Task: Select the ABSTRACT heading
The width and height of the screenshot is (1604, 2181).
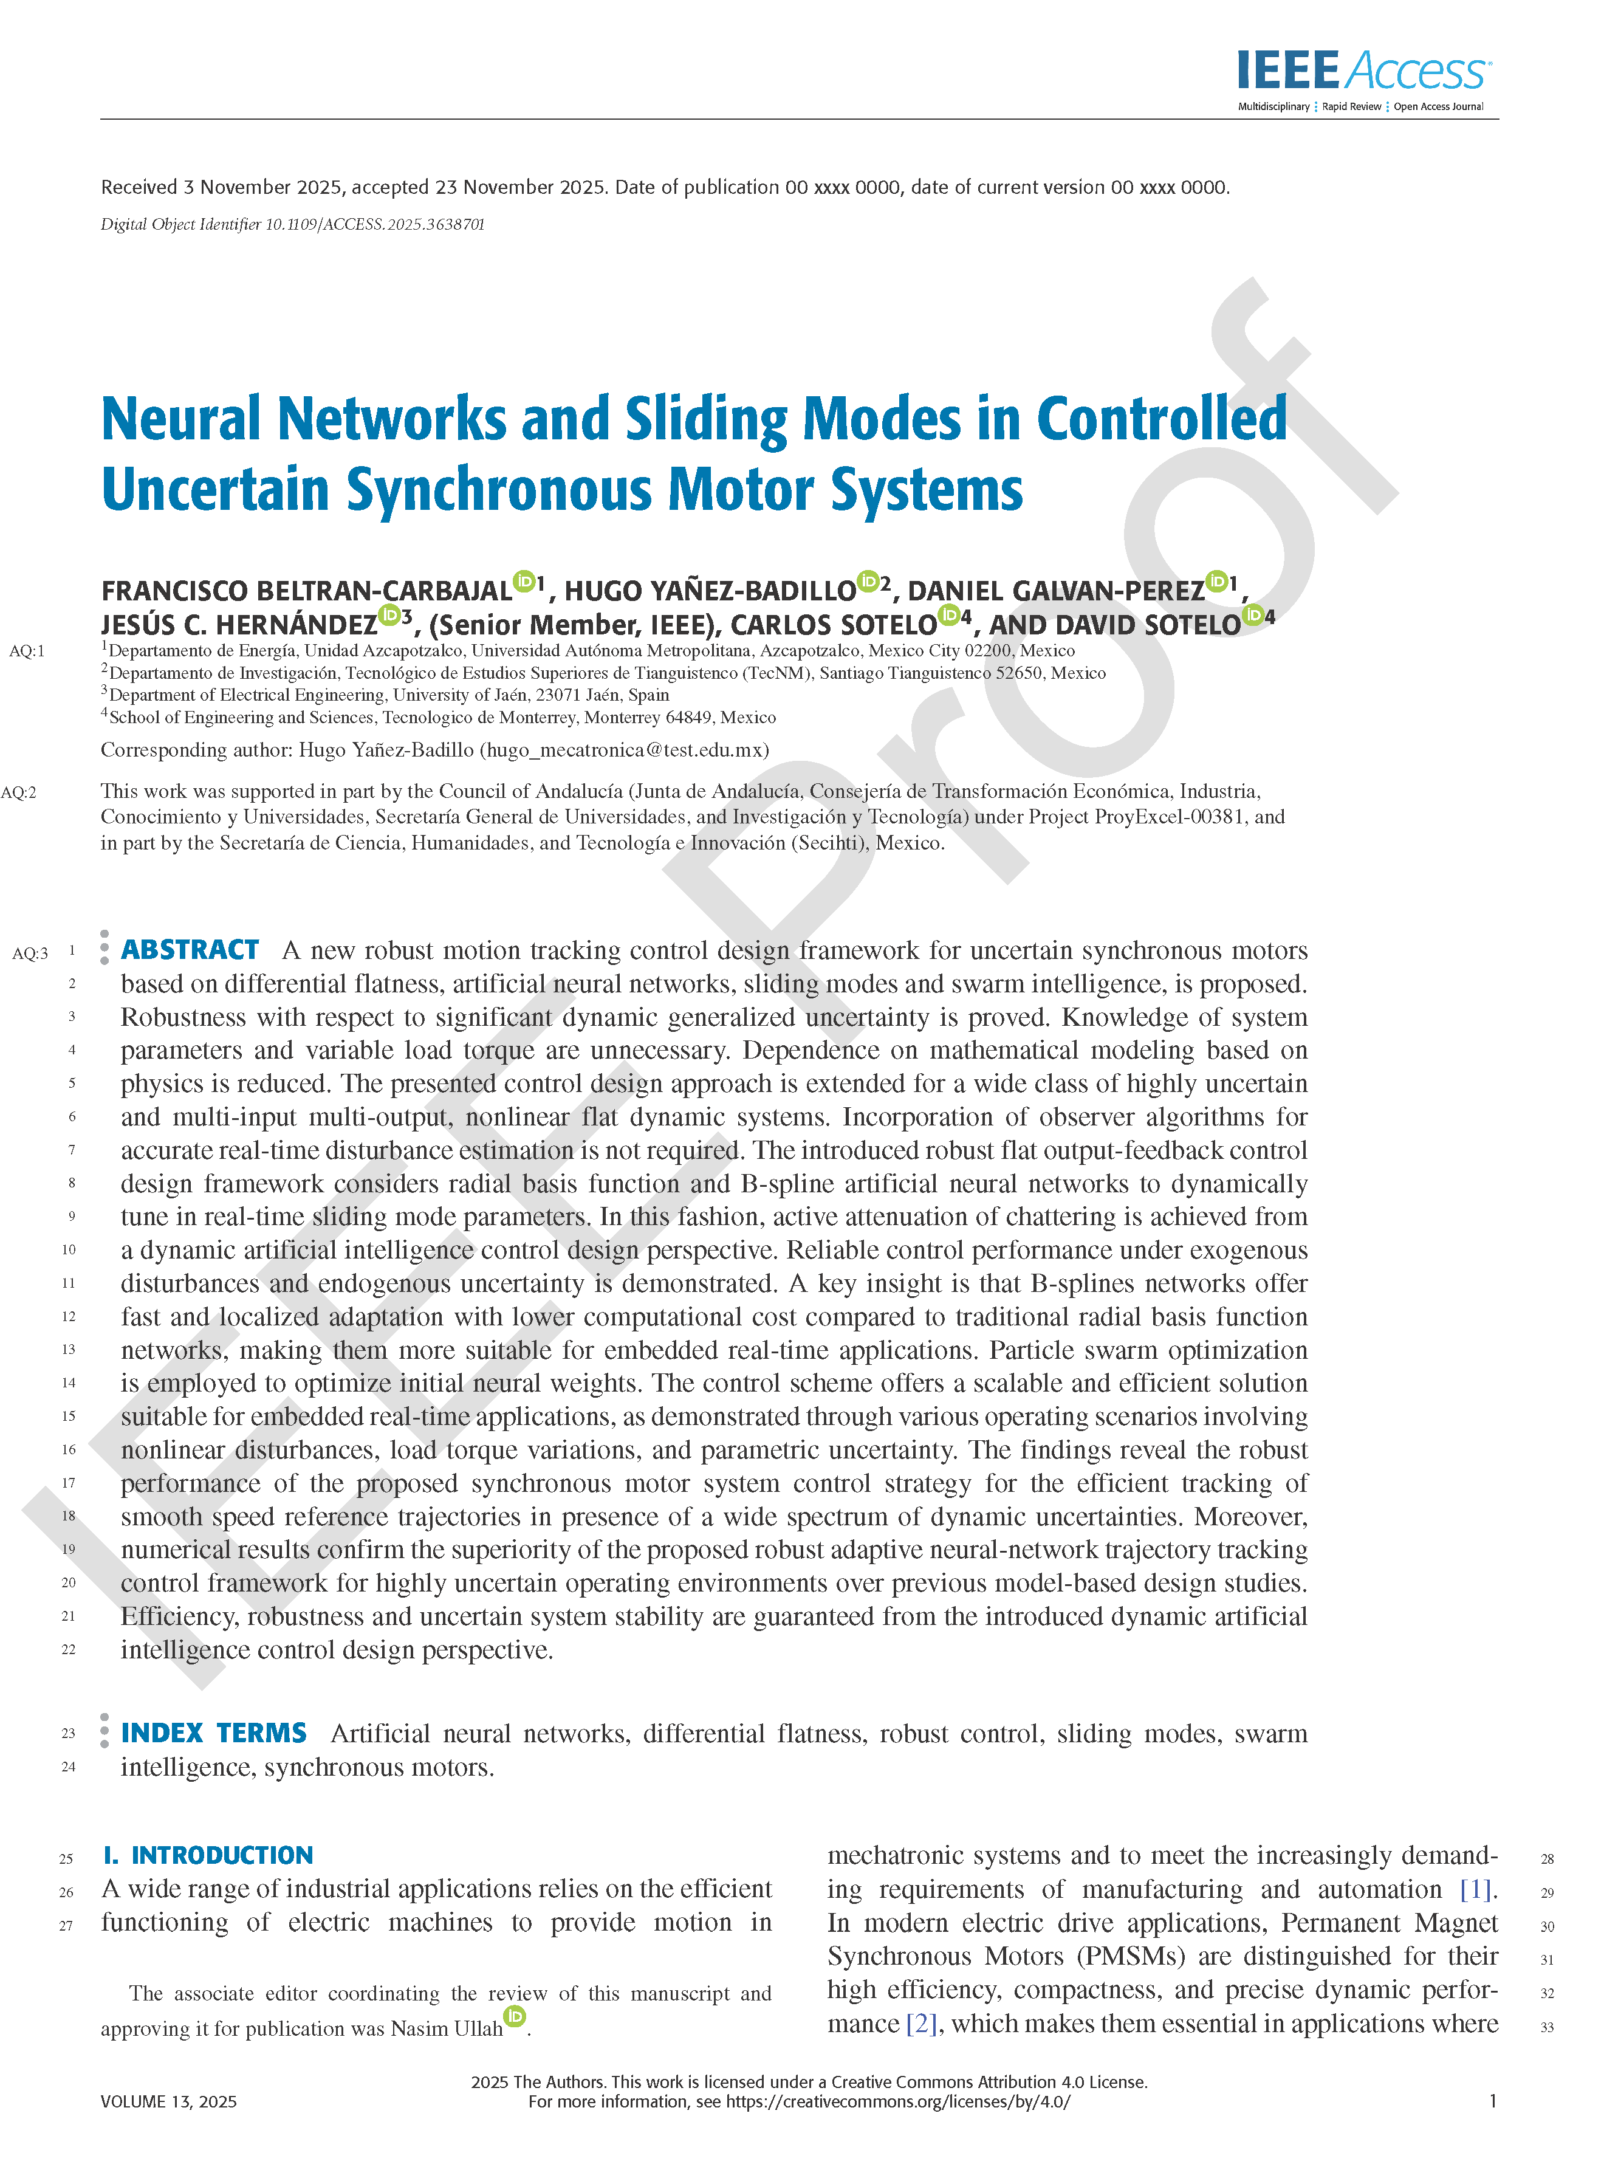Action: coord(190,950)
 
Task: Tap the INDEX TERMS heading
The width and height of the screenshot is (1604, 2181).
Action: coord(214,1733)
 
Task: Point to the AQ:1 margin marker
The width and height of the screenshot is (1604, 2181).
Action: coord(26,651)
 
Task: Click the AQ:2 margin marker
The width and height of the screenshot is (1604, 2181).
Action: coord(18,792)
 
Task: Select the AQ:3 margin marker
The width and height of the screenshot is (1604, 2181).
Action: coord(29,953)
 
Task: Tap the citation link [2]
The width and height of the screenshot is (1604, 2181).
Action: coord(920,2024)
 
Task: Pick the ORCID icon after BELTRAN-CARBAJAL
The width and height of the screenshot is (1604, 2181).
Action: coord(524,582)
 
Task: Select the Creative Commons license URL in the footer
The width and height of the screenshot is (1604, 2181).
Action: coord(898,2101)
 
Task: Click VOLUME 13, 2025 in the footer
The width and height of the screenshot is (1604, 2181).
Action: coord(169,2101)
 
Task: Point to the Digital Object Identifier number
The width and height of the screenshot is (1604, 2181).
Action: coord(375,224)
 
